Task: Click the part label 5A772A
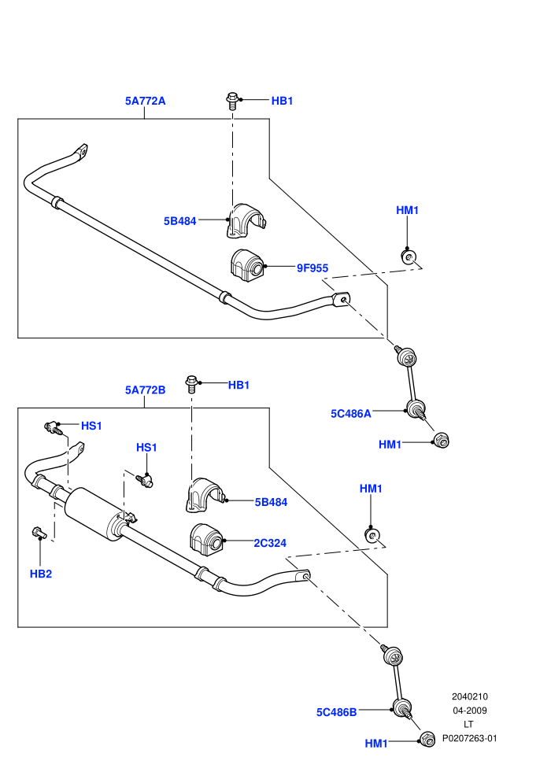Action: (145, 101)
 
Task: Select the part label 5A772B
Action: (145, 390)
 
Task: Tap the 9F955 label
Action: (312, 268)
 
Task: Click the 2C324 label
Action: (270, 543)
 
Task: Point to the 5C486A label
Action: (351, 414)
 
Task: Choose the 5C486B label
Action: (336, 712)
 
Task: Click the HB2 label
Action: (41, 574)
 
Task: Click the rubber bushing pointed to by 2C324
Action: (207, 537)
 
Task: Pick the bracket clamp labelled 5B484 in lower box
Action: (207, 495)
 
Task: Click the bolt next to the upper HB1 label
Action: (232, 101)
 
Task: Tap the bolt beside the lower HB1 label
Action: (191, 385)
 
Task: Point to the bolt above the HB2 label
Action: (39, 533)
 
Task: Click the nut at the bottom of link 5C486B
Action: (427, 739)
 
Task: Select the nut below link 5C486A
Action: (442, 440)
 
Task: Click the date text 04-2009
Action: (470, 711)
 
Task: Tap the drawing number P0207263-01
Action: (469, 738)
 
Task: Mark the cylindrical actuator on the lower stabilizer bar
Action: (95, 513)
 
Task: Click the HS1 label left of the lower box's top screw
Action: (91, 426)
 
